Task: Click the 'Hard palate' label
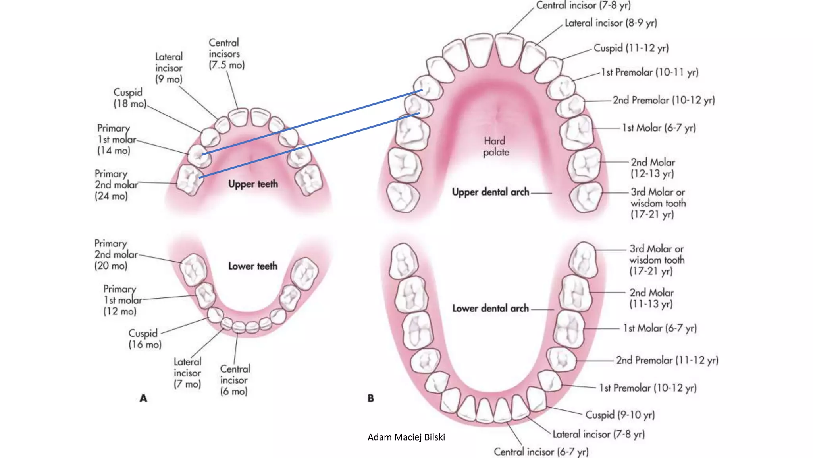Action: coord(495,146)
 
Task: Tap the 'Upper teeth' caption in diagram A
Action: coord(253,184)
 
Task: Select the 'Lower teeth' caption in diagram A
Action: coord(253,266)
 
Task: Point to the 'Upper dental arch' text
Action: coord(490,192)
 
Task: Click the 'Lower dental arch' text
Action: coord(490,308)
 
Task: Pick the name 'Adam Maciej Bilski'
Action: coord(406,437)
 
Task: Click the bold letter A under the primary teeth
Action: coord(143,398)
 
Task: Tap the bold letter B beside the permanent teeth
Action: coord(371,398)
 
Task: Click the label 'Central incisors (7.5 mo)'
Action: coord(226,54)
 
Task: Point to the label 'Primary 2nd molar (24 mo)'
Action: coord(116,185)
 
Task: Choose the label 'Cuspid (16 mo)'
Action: coord(144,339)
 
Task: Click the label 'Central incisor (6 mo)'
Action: coord(235,380)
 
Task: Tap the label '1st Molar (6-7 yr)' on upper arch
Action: coord(659,128)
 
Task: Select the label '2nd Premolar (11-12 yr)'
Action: coord(667,360)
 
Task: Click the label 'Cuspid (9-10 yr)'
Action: coord(620,415)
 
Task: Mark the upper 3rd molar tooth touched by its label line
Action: coord(585,197)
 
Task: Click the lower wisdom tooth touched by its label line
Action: coord(583,260)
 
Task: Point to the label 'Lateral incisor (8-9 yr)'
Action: coord(611,23)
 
